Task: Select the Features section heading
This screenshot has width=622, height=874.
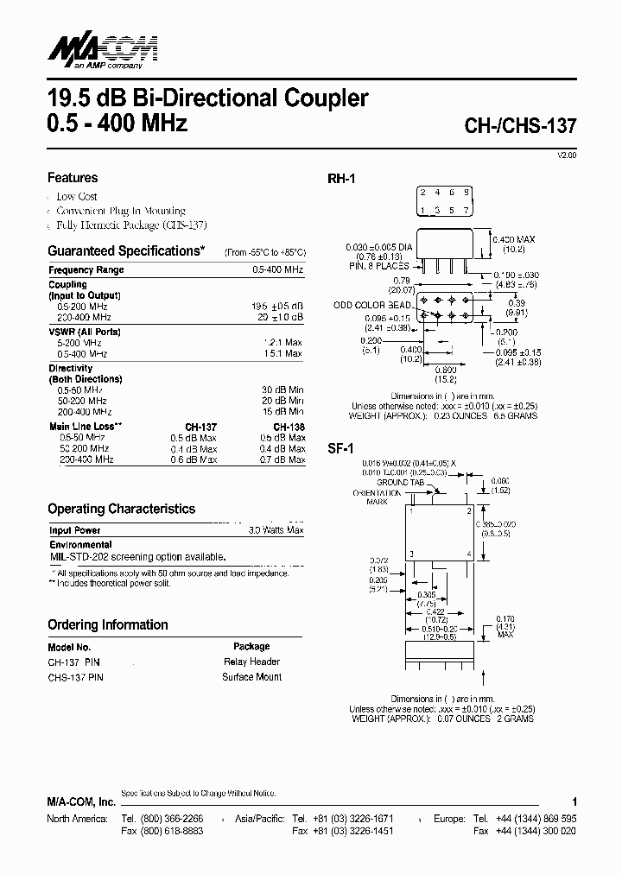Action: coord(73,178)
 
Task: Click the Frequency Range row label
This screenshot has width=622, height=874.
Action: coord(86,270)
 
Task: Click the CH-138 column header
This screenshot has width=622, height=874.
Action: coord(289,427)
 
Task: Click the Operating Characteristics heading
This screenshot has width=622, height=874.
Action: coord(121,510)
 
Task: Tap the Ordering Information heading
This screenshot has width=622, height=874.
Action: coord(108,625)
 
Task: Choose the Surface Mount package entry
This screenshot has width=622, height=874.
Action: coord(251,677)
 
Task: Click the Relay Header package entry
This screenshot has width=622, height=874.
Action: coord(251,662)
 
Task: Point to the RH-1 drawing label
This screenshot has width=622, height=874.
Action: coord(341,179)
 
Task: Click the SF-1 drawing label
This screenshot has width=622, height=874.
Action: coord(340,449)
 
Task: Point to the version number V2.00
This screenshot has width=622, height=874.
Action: coord(567,155)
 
